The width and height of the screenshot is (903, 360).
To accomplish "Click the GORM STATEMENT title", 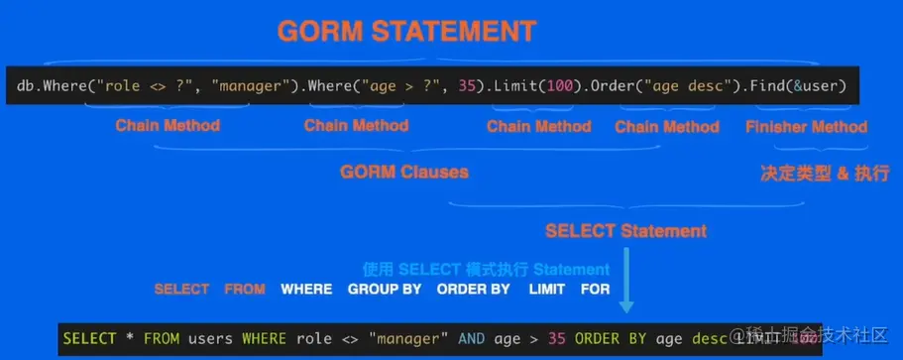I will (405, 31).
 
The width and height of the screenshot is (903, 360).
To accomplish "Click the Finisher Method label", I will (806, 126).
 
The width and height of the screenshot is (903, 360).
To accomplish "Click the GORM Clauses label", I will (403, 172).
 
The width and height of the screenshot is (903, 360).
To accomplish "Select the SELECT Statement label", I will (625, 231).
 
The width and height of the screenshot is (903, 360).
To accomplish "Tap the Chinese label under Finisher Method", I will (811, 172).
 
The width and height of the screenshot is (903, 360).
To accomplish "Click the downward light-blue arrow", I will (625, 297).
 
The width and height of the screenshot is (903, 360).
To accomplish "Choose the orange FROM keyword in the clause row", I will (245, 289).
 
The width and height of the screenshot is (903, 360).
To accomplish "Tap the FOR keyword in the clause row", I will (596, 289).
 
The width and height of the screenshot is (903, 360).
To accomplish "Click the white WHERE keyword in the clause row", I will (306, 289).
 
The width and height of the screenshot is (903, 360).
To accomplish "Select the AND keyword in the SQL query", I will (471, 338).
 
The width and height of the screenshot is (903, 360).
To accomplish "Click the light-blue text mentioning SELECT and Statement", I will (486, 269).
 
